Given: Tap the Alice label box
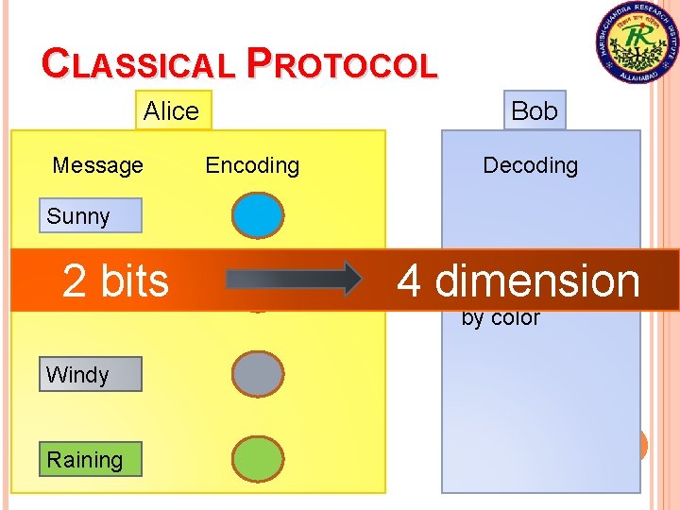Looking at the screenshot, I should click(x=172, y=110).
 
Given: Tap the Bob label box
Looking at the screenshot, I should click(x=534, y=110).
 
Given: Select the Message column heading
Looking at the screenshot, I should click(x=97, y=165).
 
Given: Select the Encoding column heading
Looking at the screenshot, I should click(x=252, y=165).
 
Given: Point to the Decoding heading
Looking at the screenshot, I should click(x=530, y=165).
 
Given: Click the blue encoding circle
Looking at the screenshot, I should click(x=257, y=215).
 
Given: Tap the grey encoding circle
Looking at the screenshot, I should click(x=257, y=374).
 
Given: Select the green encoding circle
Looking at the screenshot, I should click(x=257, y=460).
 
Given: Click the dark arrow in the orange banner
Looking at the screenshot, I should click(x=293, y=280).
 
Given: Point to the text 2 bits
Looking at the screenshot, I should click(x=115, y=280).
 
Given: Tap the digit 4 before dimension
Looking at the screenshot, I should click(x=409, y=280).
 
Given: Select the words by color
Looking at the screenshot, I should click(x=501, y=318).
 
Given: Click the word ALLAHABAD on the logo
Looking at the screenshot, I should click(x=636, y=76).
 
